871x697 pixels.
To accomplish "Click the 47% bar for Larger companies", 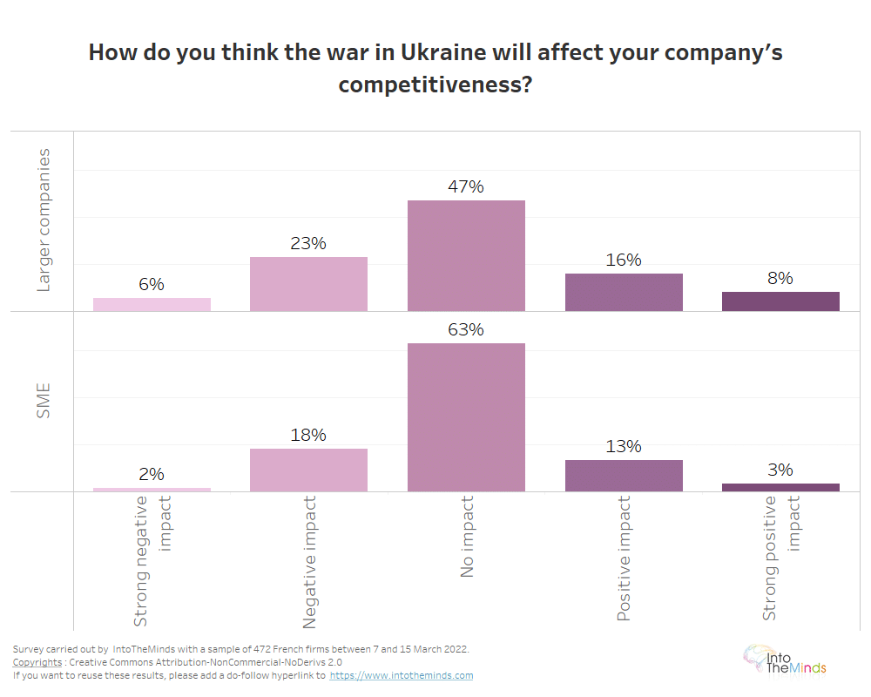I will click(466, 255).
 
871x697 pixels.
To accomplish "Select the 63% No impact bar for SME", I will click(466, 417).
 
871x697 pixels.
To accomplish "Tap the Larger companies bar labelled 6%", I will click(152, 304).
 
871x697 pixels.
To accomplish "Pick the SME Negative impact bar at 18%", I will click(308, 470).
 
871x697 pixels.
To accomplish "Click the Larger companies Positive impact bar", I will click(624, 292).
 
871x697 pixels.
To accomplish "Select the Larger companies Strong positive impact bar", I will click(780, 301).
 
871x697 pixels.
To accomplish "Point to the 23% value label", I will click(308, 243).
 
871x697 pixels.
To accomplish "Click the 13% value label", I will click(624, 446).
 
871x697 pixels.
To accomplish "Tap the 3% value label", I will click(780, 470).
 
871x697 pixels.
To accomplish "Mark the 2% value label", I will click(152, 474).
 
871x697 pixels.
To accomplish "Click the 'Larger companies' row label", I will click(44, 220).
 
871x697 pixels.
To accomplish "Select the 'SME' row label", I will click(44, 401).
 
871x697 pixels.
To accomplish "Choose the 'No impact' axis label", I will click(467, 537).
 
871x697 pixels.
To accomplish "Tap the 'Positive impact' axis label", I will click(624, 558).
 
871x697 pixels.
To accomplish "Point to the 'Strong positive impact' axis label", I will click(780, 558).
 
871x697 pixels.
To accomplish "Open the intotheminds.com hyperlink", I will click(402, 675).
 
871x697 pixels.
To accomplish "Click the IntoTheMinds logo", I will click(784, 660).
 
